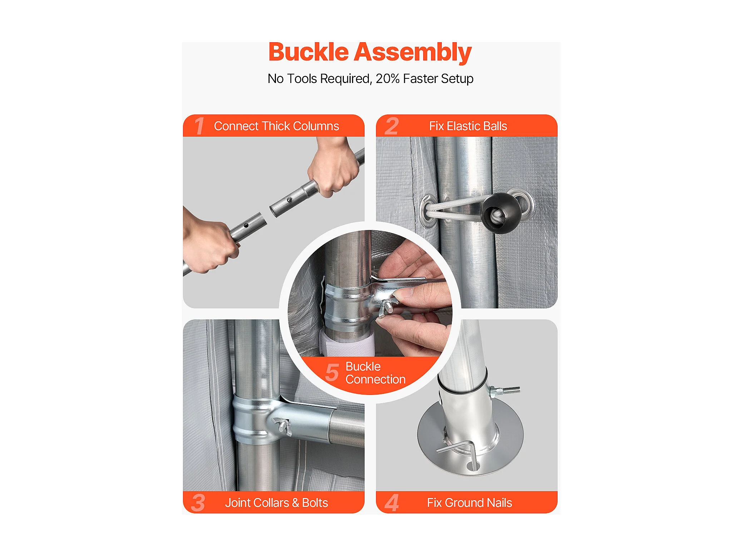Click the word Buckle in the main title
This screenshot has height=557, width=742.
click(308, 52)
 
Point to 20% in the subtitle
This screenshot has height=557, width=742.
click(387, 79)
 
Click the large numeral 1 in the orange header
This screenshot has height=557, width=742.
click(199, 126)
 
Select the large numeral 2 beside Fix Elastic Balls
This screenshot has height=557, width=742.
click(391, 126)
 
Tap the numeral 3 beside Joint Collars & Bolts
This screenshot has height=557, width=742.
click(198, 503)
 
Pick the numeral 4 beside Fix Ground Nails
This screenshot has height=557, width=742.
click(392, 503)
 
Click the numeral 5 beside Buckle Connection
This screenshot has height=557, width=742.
click(332, 372)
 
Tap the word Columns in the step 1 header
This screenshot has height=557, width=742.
click(316, 126)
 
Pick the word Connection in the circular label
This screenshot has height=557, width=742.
click(375, 379)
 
